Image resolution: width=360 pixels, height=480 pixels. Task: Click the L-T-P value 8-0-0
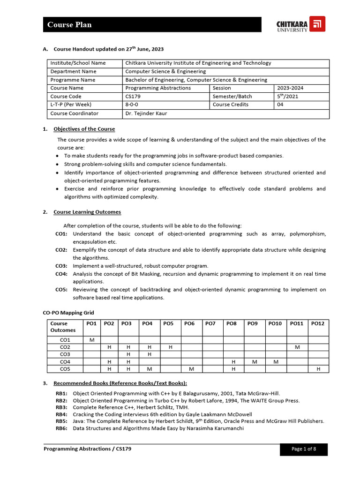pos(133,105)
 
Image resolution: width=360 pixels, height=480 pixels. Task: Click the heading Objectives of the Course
pos(84,129)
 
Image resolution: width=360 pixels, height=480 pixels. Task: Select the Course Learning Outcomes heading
pos(87,212)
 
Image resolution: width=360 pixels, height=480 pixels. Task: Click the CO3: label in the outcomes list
pos(61,266)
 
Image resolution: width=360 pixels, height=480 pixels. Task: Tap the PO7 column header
pos(210,323)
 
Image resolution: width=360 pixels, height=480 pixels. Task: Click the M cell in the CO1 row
pos(91,339)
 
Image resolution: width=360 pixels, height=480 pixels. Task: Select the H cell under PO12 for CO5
pos(318,369)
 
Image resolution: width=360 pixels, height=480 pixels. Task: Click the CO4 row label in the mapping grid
pos(65,361)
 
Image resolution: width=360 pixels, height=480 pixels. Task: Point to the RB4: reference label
pos(61,414)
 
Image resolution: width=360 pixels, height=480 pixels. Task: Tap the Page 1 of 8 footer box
pos(304,449)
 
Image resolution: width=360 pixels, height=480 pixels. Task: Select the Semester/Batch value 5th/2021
pos(287,97)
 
